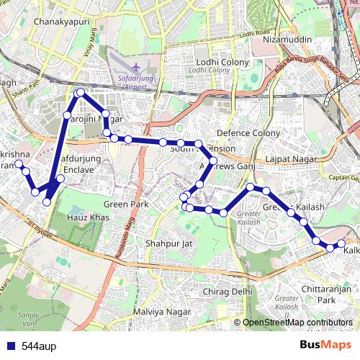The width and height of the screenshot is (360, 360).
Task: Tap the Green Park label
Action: coord(126,204)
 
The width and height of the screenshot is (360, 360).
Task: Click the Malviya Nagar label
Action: coord(162,312)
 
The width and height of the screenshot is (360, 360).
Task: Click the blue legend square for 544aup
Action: coord(9,345)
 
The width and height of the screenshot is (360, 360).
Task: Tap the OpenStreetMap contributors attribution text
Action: coord(297,323)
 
